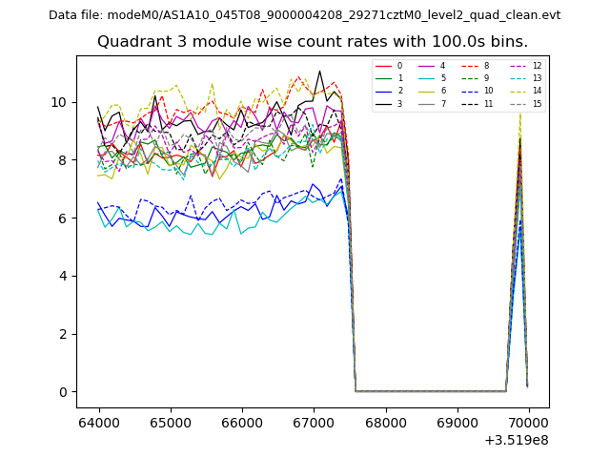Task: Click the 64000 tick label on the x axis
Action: pos(99,421)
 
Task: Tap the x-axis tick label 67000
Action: pos(314,421)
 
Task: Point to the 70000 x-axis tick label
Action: pos(528,421)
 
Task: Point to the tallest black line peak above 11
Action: pos(320,71)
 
